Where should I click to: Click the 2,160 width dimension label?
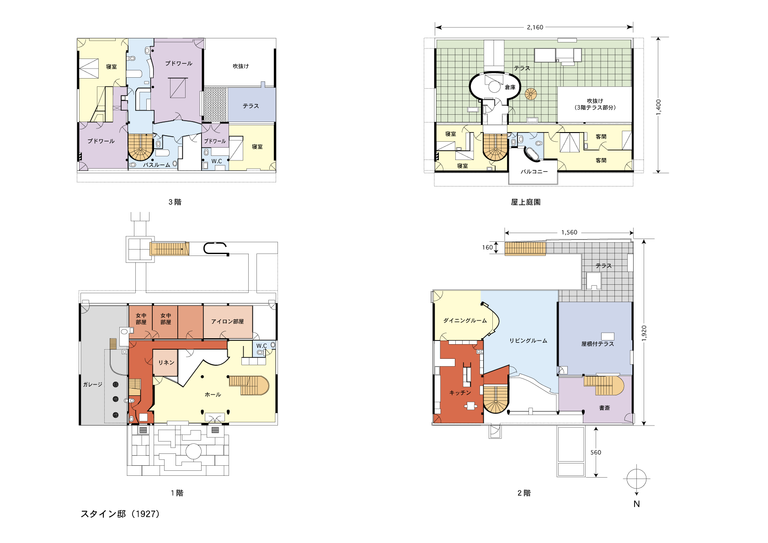pos(535,27)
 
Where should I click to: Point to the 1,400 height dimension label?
pos(658,107)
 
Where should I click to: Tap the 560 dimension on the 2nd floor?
pos(596,452)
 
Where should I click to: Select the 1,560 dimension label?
pos(569,232)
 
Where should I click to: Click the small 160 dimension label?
pos(487,247)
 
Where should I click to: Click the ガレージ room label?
pos(92,385)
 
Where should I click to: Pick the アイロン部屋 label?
pos(227,322)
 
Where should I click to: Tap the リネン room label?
pos(166,363)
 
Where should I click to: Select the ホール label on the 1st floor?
pos(213,394)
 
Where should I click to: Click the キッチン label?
pos(460,393)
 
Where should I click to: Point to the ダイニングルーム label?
pos(465,320)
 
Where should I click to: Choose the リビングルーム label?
pos(528,341)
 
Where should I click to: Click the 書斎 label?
pos(604,408)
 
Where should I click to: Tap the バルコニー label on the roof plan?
pos(534,171)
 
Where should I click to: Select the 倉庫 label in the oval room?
pos(510,87)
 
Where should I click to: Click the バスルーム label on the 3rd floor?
pos(156,165)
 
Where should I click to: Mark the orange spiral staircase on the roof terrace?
pos(531,94)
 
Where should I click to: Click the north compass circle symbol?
pos(636,479)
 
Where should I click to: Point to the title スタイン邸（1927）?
pos(120,514)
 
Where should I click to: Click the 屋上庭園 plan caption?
pos(526,202)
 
